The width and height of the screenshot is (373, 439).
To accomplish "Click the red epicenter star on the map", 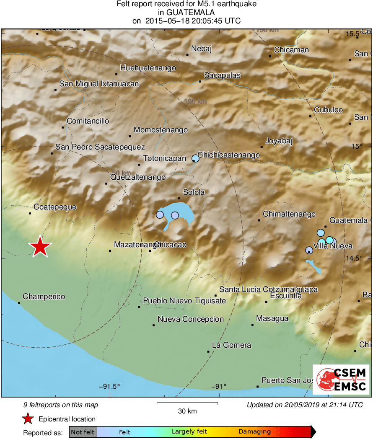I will click(40, 247).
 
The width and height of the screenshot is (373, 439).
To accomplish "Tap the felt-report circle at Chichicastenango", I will click(195, 158).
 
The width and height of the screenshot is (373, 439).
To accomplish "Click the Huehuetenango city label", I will click(148, 68).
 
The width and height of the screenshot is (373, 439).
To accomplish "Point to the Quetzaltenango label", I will click(138, 177).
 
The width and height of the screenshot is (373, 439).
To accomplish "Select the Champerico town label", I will click(44, 297).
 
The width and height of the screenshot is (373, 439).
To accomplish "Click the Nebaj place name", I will click(201, 49).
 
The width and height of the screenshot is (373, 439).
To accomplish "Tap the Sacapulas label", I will click(222, 75).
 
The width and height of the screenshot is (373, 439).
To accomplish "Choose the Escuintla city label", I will click(286, 296).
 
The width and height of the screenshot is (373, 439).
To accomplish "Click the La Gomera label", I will click(232, 345).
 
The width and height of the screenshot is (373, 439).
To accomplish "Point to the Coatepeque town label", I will click(55, 207).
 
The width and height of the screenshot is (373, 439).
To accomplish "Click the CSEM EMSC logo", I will click(341, 380).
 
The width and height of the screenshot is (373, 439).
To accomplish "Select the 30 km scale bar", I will click(187, 403).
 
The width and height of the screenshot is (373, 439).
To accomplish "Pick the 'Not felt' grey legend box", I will click(83, 432).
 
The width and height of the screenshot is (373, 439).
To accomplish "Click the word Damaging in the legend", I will click(255, 431).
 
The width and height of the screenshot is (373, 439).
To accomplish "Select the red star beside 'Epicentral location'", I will click(28, 419).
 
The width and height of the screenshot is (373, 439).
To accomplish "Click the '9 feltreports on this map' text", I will click(61, 405).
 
